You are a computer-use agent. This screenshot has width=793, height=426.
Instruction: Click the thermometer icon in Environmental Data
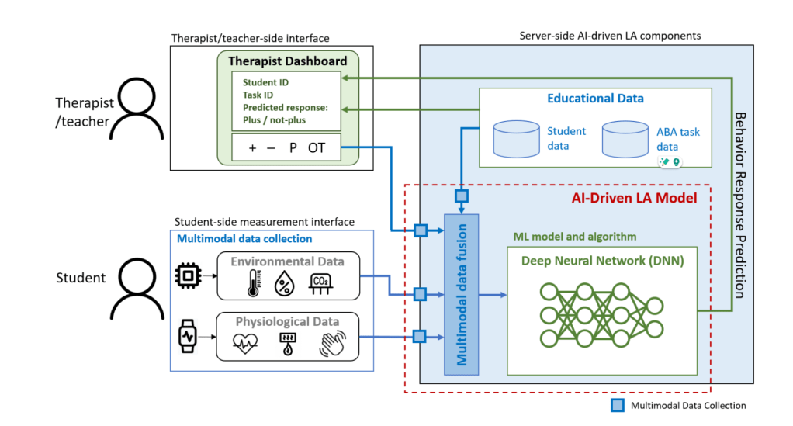point(251,283)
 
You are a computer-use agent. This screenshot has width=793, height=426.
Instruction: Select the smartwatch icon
point(187,337)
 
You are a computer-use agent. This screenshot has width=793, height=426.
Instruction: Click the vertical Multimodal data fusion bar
point(461,295)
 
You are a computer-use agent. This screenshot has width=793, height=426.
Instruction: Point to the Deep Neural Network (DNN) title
point(602,261)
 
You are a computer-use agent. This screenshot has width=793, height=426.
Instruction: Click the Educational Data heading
point(595,99)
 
